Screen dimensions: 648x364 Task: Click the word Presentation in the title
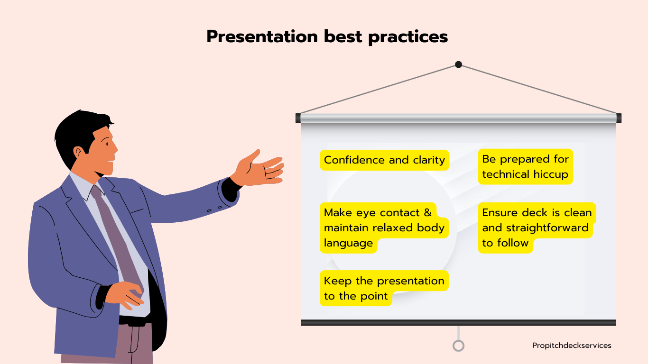(262, 36)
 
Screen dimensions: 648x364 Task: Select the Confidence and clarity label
(384, 160)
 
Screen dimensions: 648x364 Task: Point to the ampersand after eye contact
(427, 212)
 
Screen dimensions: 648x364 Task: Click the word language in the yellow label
(348, 243)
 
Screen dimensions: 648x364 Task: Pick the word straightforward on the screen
(547, 228)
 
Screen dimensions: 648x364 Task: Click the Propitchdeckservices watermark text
(572, 346)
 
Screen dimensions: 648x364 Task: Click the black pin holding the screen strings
(458, 64)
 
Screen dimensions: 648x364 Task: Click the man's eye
(107, 144)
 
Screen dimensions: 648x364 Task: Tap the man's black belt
(135, 320)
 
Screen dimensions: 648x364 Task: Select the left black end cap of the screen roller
(298, 118)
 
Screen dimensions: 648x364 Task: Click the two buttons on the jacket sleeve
(214, 209)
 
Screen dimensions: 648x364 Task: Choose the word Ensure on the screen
(500, 213)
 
